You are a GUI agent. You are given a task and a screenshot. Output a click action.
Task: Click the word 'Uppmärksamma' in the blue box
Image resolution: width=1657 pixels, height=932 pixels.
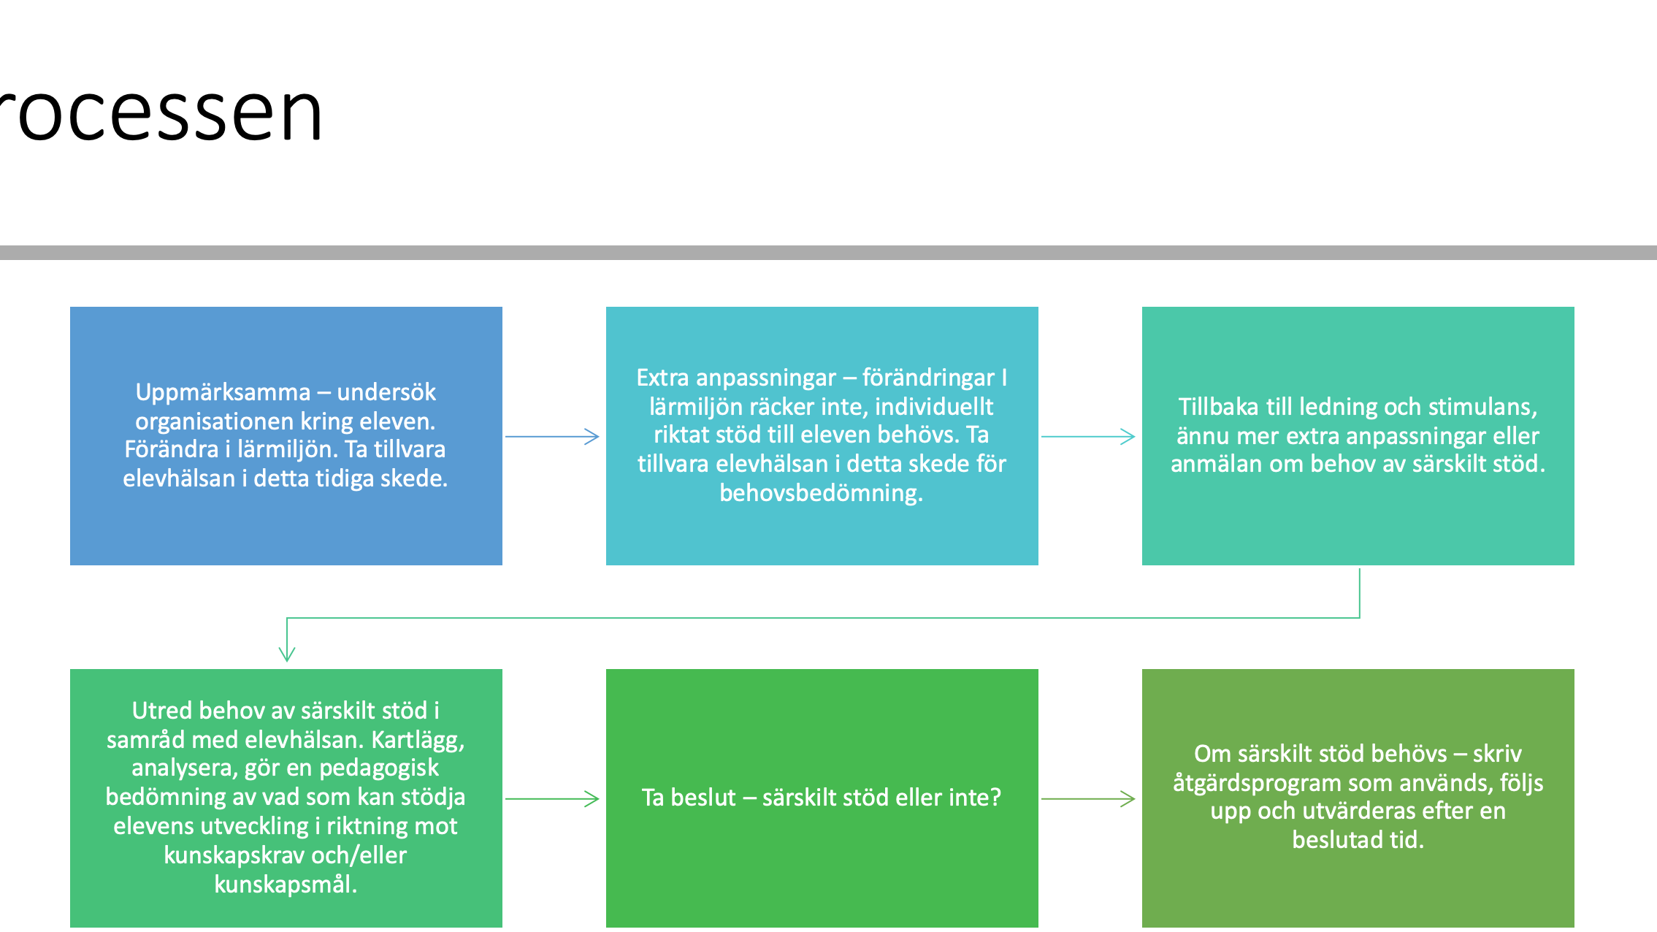coord(223,393)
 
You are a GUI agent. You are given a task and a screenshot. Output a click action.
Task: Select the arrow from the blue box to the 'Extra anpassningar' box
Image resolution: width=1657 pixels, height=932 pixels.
coord(552,437)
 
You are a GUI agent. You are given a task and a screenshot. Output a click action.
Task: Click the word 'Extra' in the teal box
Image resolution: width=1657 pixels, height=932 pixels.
coord(662,378)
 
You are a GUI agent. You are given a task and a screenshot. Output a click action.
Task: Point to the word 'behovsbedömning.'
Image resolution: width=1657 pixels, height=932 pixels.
coord(822,493)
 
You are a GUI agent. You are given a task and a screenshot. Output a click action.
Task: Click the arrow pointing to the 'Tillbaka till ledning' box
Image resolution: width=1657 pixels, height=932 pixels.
coord(1088,437)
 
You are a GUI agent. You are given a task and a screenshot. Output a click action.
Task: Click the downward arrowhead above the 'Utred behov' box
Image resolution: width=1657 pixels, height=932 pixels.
coord(287,653)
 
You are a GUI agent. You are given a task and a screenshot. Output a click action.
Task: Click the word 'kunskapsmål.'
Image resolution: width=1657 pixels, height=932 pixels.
coord(286,885)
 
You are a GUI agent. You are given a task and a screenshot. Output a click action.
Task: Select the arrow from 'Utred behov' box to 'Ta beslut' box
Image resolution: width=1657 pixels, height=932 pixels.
coord(552,799)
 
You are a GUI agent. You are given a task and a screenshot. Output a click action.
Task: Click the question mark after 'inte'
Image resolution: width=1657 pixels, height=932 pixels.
coord(995,798)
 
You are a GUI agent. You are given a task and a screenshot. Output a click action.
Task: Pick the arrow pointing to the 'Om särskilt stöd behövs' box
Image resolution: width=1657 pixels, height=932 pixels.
coord(1088,799)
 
